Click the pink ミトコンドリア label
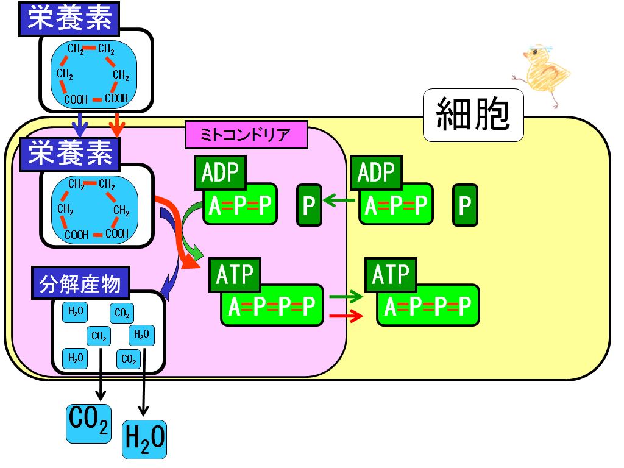coord(246,135)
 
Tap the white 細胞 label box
coord(473,115)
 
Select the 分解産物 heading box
coord(81,283)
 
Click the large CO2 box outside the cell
coord(88,424)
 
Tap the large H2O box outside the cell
coord(144,439)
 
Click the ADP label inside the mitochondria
coord(221,172)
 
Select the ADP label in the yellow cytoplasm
coord(377,172)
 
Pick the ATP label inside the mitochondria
coord(235,275)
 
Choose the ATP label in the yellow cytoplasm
coord(391,275)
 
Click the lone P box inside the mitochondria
coord(309,205)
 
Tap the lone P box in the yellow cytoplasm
coord(465,205)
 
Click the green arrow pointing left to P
coord(339,200)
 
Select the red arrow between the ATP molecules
coord(346,316)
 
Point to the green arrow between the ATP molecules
coord(346,297)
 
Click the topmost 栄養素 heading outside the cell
coord(69,19)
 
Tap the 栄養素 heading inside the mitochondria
coord(69,154)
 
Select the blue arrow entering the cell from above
coord(81,125)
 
